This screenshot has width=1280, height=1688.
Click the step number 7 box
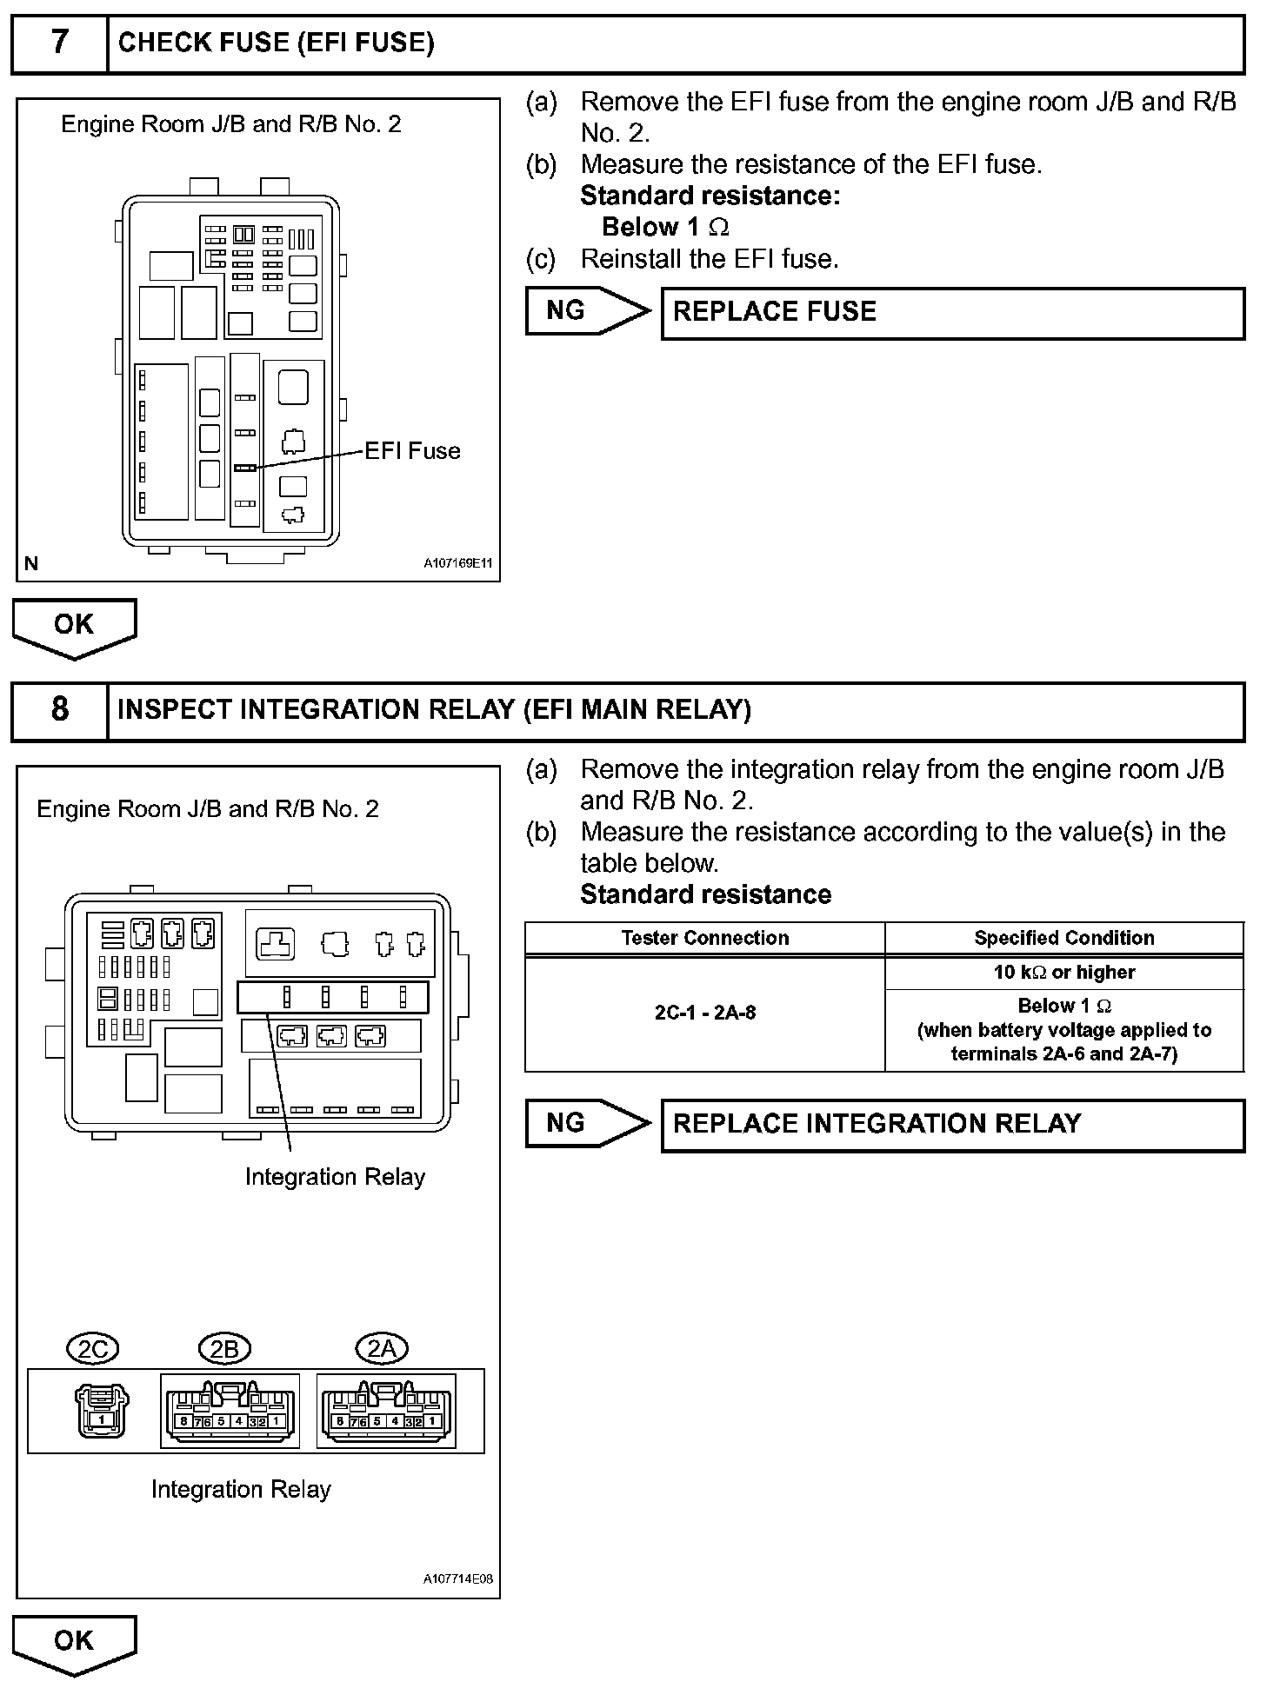59,43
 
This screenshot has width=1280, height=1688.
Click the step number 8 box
59,710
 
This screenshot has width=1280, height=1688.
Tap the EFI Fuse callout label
412,451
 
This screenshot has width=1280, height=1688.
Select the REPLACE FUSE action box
952,313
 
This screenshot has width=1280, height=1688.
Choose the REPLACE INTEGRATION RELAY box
952,1125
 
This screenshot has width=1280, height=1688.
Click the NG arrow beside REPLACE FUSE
586,311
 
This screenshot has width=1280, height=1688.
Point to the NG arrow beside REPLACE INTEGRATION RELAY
586,1123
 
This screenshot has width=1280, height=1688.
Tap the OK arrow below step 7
74,627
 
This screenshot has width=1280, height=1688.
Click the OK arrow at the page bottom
74,1643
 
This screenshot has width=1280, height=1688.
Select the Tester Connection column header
704,938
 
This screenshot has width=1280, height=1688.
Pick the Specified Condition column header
1063,938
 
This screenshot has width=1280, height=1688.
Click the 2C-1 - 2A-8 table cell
704,1013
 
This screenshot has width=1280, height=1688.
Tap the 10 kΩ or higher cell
1063,973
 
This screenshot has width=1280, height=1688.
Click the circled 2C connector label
93,1349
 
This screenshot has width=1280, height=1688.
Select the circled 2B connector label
225,1349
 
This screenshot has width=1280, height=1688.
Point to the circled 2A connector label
382,1349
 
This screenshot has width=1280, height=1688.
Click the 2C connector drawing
102,1411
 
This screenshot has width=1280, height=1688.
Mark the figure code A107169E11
457,563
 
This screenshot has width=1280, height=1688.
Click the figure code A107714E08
457,1578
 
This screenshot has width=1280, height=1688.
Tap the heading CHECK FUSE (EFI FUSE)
276,43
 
